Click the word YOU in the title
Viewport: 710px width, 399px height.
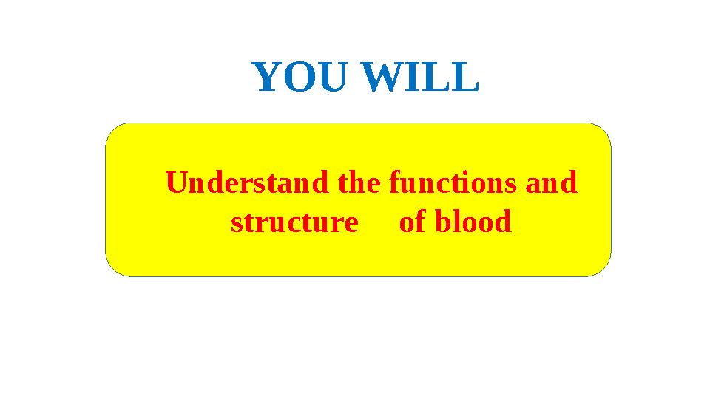tap(299, 78)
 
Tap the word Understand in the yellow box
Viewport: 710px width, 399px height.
tap(248, 183)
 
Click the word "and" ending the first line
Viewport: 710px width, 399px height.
tap(551, 183)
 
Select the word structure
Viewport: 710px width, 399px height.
tap(294, 222)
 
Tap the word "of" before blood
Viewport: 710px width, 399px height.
tap(412, 222)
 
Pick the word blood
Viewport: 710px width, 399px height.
tap(473, 222)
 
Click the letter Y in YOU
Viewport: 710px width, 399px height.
tap(268, 78)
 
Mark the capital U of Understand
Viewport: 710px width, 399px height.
tap(176, 183)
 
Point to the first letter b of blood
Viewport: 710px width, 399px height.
tap(442, 222)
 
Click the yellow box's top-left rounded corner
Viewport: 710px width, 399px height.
tap(115, 132)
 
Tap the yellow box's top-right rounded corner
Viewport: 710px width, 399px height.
tap(602, 132)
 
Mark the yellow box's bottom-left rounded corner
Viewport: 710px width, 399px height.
tap(115, 267)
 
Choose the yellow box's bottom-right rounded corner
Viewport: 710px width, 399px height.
tap(602, 267)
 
